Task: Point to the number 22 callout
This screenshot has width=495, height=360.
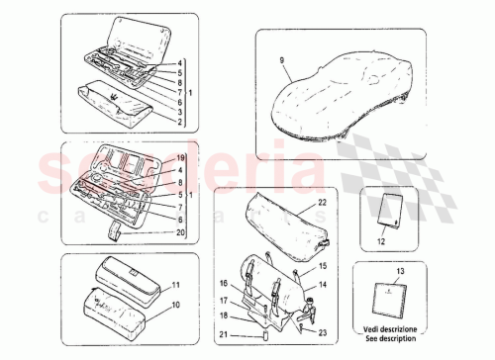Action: point(322,203)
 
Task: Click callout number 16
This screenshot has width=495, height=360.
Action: point(224,282)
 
